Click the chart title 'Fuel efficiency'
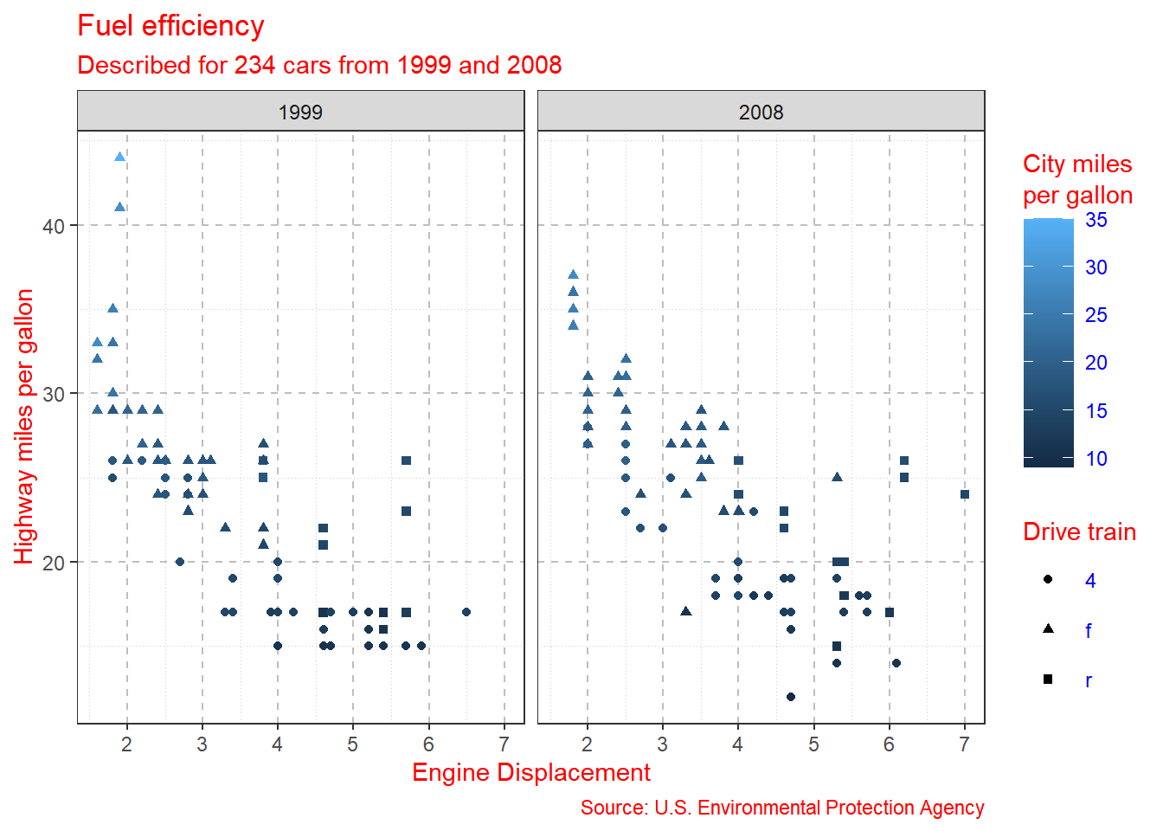[170, 26]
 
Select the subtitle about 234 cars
[319, 66]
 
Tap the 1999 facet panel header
[300, 112]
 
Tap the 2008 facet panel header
[761, 112]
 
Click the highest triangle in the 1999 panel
[120, 157]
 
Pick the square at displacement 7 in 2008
[965, 494]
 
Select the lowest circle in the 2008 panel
[791, 697]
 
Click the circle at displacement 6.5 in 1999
[466, 612]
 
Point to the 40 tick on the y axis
[54, 226]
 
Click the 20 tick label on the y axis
[54, 563]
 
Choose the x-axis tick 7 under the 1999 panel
[504, 744]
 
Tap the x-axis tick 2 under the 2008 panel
[588, 744]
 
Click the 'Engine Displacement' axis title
[530, 772]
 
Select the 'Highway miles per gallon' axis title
[24, 426]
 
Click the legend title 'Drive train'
[1079, 531]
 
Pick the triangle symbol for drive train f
[1048, 629]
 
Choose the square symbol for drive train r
[1048, 680]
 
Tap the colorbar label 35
[1096, 220]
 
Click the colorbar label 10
[1096, 459]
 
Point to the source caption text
[782, 808]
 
